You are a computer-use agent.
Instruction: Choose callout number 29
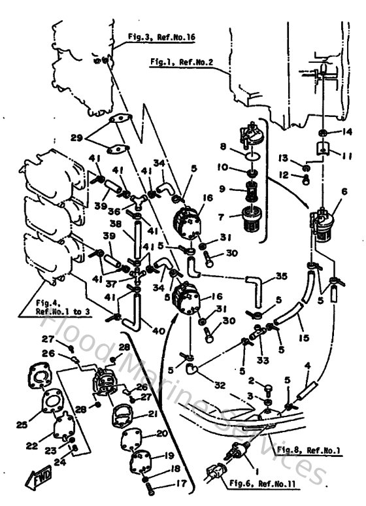click(76, 139)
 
